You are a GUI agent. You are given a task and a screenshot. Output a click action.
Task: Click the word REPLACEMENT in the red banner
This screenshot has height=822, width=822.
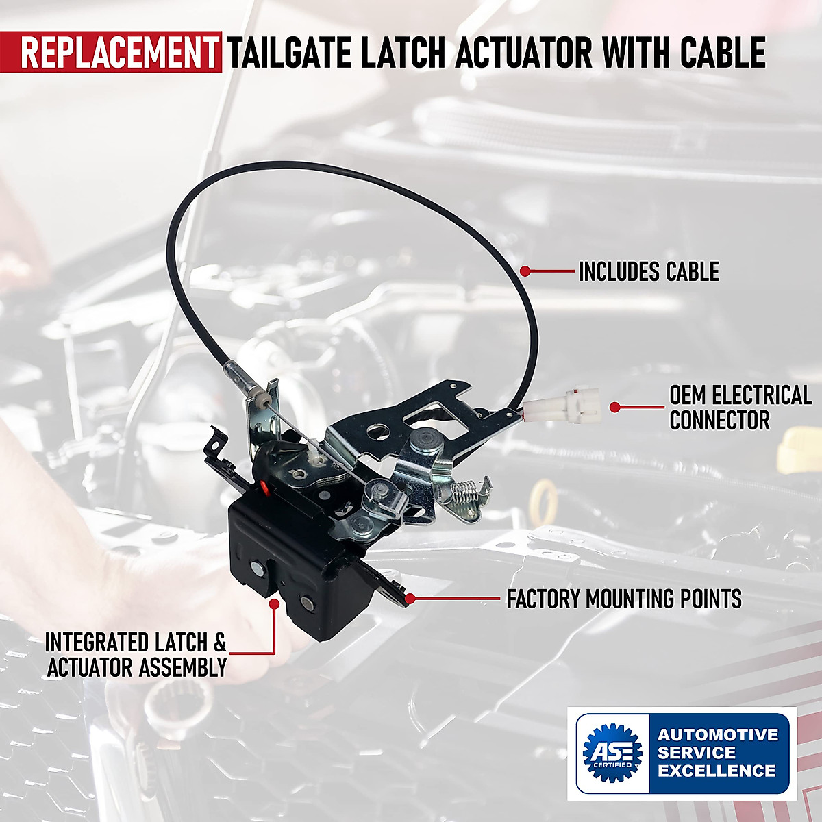tap(116, 53)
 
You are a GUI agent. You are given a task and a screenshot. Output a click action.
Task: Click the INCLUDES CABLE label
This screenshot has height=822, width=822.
tap(649, 272)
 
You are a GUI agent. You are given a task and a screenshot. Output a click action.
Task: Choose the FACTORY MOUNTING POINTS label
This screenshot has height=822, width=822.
tap(623, 599)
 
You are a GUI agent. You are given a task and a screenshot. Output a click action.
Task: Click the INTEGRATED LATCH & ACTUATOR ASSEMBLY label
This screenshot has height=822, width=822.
tap(136, 655)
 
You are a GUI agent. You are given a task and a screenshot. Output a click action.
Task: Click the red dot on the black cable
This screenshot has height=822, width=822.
tap(525, 271)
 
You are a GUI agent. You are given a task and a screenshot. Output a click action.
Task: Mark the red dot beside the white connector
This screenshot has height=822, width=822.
tap(614, 407)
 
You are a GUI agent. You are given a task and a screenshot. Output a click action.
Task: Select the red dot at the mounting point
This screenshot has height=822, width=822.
tap(410, 598)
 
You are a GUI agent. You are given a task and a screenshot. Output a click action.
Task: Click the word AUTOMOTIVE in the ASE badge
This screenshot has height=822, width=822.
tap(718, 735)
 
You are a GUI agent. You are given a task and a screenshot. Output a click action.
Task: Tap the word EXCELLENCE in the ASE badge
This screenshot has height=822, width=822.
tap(717, 771)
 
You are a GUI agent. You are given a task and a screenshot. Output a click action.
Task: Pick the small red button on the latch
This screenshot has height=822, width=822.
tap(263, 488)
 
